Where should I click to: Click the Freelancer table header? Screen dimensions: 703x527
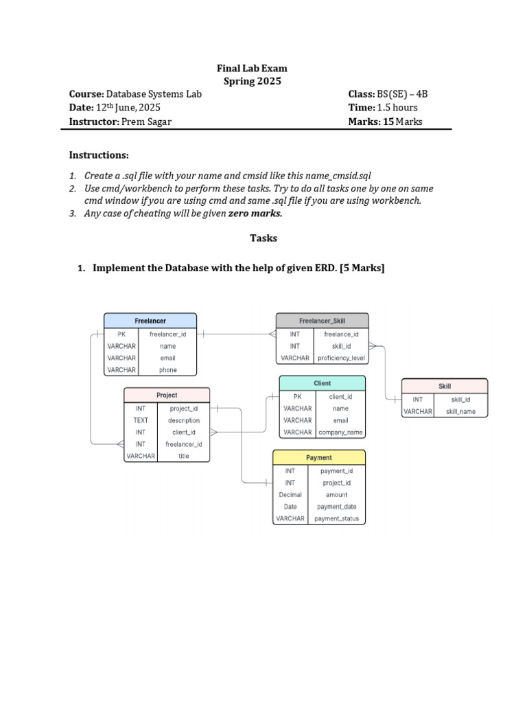[150, 321]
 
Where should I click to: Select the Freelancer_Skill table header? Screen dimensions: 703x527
[322, 321]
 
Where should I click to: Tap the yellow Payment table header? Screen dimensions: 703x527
[318, 457]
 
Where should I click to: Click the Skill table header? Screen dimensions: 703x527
[444, 386]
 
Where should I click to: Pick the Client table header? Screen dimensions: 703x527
[322, 383]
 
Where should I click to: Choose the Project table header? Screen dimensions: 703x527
[167, 395]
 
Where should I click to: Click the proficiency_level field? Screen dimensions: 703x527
[341, 358]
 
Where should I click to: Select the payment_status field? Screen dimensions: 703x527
[336, 519]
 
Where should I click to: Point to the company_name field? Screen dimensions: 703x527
[340, 433]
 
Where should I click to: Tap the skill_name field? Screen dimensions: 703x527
[460, 411]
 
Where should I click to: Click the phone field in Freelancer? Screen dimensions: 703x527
[167, 370]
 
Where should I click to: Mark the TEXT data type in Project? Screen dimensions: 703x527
[141, 420]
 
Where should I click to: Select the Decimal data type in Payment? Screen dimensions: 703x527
[290, 494]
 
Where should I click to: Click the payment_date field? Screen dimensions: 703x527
[336, 507]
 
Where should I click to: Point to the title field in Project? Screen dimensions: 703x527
[183, 456]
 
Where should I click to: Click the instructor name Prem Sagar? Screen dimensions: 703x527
[148, 122]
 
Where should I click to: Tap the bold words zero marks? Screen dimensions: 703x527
[255, 214]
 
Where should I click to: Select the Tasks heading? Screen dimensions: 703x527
[263, 238]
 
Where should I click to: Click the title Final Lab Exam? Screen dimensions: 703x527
[252, 69]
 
